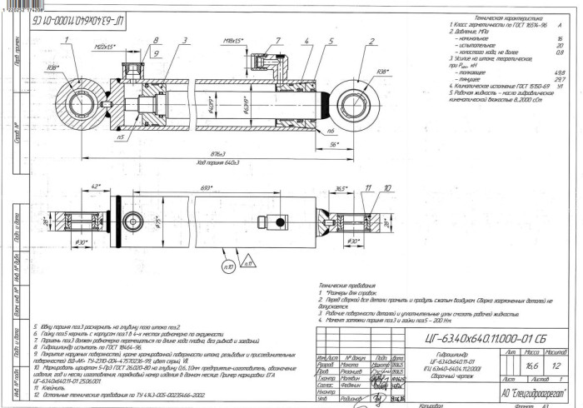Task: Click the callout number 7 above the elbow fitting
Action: pyautogui.click(x=277, y=40)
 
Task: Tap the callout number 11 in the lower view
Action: pyautogui.click(x=366, y=189)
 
